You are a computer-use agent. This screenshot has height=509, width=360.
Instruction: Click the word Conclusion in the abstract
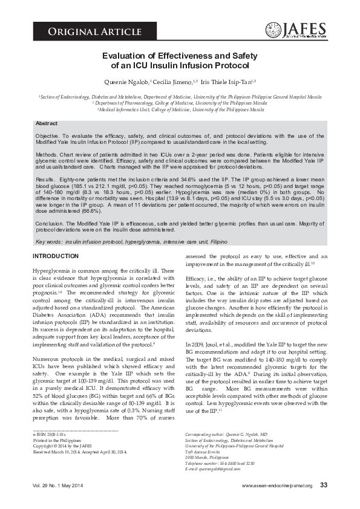50,223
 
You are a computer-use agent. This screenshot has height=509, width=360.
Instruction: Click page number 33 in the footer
324,485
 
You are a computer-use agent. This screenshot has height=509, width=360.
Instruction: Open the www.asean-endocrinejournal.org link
277,485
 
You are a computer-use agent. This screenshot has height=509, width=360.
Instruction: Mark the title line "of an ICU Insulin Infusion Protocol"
180,65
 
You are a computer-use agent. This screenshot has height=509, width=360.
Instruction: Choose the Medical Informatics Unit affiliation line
180,110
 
